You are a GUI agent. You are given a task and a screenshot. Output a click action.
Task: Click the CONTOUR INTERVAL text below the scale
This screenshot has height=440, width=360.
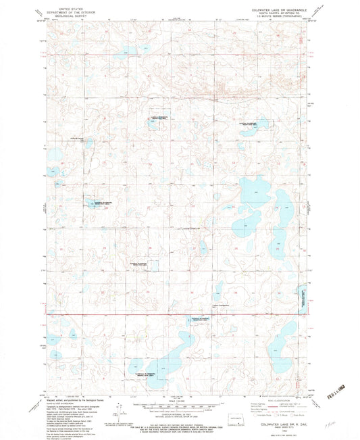pos(180,410)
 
